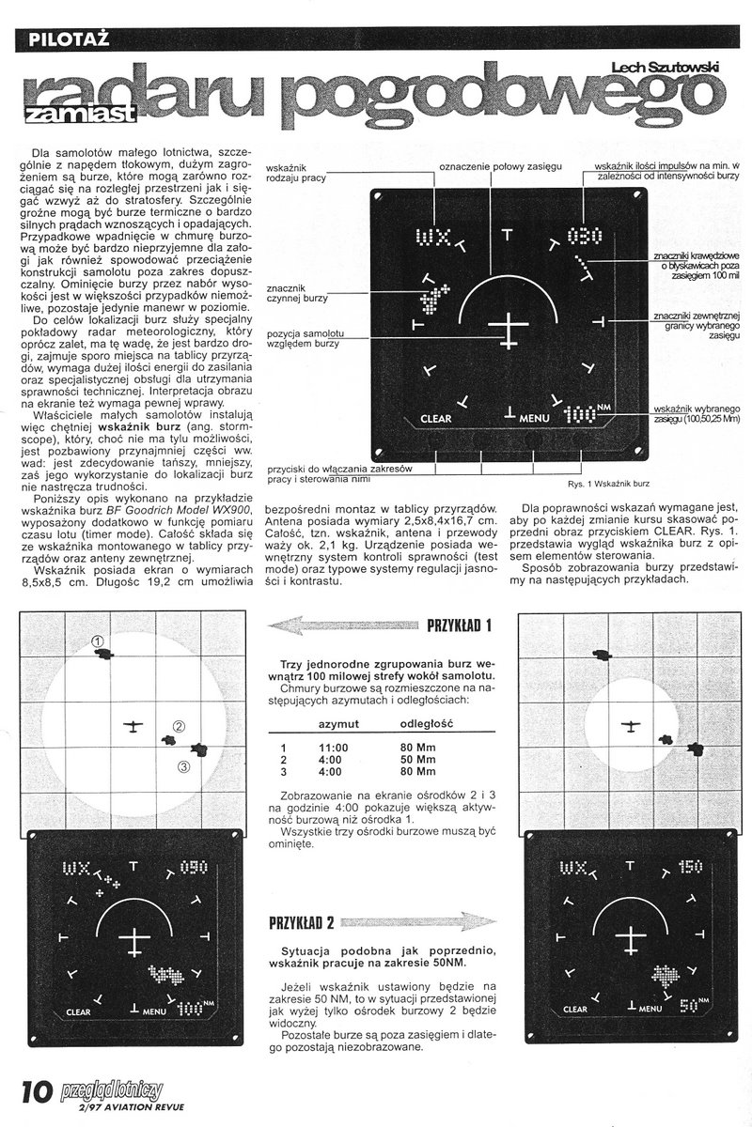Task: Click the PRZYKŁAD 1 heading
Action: (x=461, y=625)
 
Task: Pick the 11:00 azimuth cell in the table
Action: (x=333, y=747)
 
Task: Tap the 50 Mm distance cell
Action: (x=418, y=759)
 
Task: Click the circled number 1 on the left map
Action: (x=97, y=640)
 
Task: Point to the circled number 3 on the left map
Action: (x=183, y=766)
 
